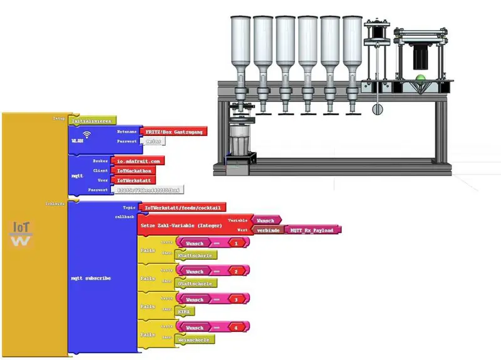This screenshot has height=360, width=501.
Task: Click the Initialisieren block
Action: [x=91, y=120]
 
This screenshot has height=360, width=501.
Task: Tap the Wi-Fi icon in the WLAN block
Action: [x=86, y=134]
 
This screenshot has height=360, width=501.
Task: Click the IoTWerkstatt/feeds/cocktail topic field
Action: [x=182, y=207]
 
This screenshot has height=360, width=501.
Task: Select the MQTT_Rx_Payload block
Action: [x=312, y=230]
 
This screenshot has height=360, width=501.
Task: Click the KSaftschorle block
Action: [x=196, y=255]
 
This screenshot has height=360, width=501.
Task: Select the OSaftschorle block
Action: [x=196, y=283]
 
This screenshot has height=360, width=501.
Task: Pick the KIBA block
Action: [x=186, y=311]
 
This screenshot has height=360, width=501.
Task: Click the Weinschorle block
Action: [x=195, y=339]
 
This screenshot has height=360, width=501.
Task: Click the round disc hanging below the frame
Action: [x=377, y=109]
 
